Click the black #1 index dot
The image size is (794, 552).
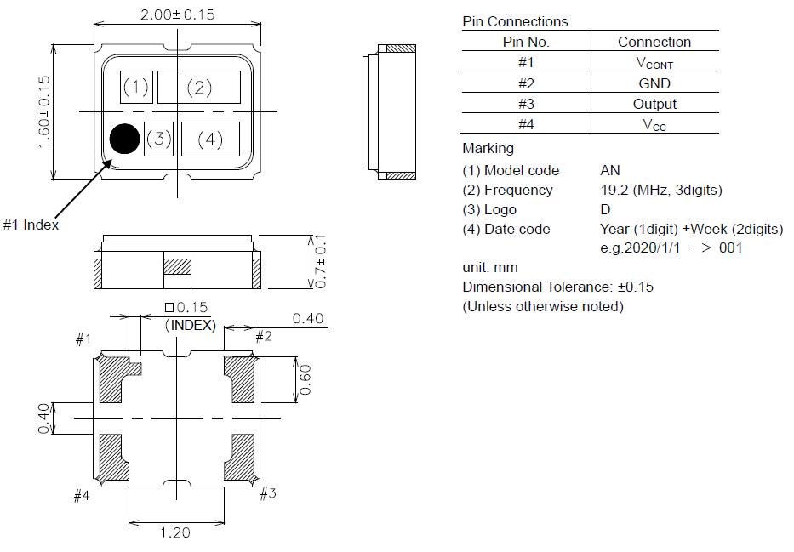[124, 139]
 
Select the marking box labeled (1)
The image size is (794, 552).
[136, 87]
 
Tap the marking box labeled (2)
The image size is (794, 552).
[199, 87]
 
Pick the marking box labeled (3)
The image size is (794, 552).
[158, 139]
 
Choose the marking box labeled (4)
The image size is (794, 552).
[210, 139]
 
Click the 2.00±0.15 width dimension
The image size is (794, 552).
[177, 14]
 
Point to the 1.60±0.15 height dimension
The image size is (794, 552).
[43, 111]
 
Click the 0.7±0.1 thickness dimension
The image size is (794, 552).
[320, 262]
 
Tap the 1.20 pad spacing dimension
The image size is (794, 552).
[175, 532]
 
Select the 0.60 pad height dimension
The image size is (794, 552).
[306, 380]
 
